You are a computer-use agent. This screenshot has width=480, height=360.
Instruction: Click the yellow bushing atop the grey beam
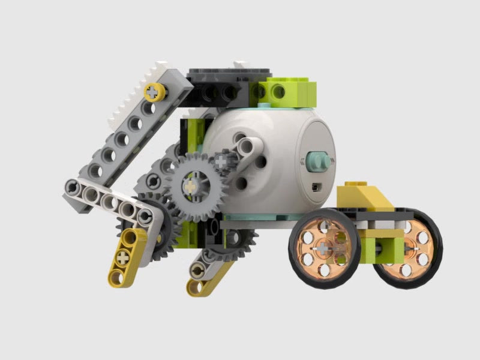pyautogui.click(x=154, y=92)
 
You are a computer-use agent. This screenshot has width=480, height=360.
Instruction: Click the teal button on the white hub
pyautogui.click(x=316, y=161)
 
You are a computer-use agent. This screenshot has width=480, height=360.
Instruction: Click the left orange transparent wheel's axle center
pyautogui.click(x=324, y=247)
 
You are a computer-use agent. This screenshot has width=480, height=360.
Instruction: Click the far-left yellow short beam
pyautogui.click(x=124, y=257)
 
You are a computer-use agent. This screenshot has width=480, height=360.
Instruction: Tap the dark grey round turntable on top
pyautogui.click(x=225, y=74)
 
